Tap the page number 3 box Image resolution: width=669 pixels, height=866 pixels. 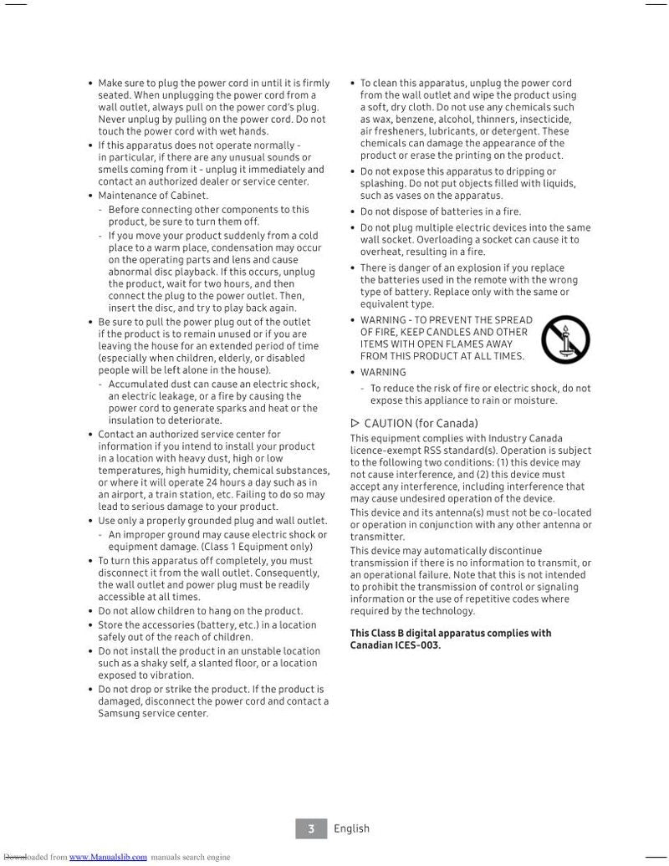click(x=311, y=828)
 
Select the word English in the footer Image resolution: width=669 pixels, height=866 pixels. click(x=351, y=828)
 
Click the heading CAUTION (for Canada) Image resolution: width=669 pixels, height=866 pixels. click(x=421, y=423)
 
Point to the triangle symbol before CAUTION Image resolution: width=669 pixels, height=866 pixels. click(x=355, y=423)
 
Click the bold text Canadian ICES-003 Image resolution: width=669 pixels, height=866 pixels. click(x=395, y=644)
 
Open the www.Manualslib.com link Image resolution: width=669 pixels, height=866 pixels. click(x=108, y=857)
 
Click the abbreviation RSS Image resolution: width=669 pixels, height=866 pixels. click(x=432, y=450)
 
